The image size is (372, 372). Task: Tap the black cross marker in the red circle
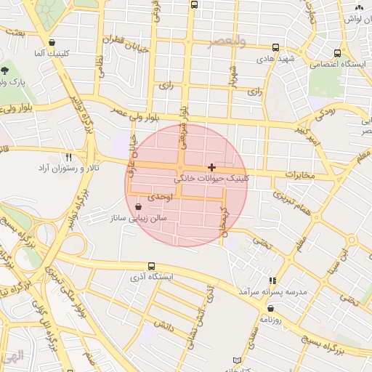pyautogui.click(x=211, y=167)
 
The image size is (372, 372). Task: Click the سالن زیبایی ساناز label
pyautogui.click(x=139, y=217)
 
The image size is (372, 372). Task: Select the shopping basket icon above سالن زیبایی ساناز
pyautogui.click(x=139, y=207)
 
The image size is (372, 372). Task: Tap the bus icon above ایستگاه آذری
pyautogui.click(x=151, y=267)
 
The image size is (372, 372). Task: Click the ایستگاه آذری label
pyautogui.click(x=150, y=277)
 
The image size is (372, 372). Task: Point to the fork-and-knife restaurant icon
pyautogui.click(x=69, y=157)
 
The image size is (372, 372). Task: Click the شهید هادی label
pyautogui.click(x=274, y=56)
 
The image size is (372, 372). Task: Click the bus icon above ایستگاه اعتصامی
pyautogui.click(x=337, y=53)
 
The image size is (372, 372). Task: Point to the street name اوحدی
pyautogui.click(x=160, y=197)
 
